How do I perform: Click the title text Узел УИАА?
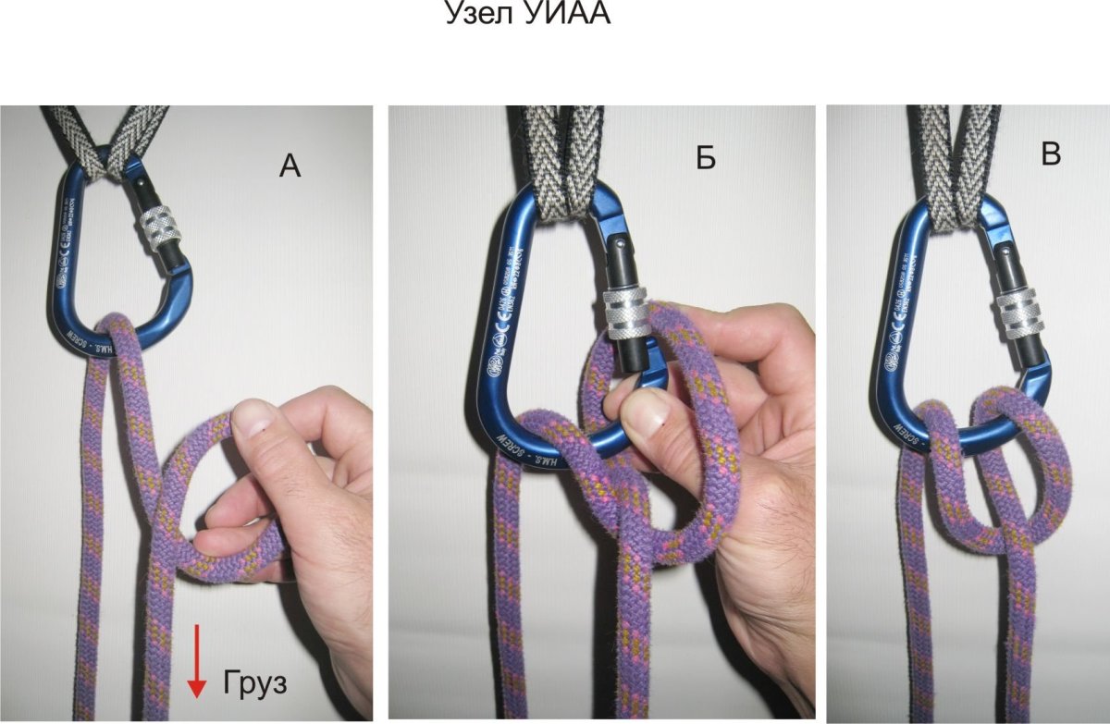pos(529,15)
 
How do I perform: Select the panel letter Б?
pos(706,159)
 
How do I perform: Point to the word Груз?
pos(256,684)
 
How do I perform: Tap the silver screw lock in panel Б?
pos(629,315)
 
